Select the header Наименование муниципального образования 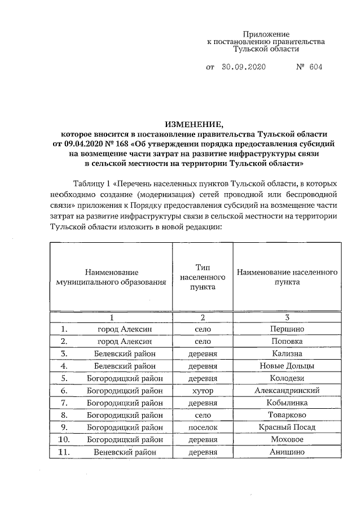pos(112,277)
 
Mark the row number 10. pos(64,439)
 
